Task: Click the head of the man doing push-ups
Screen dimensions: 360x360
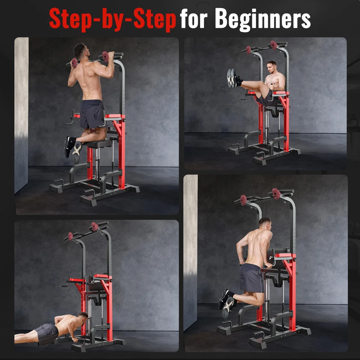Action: click(83, 320)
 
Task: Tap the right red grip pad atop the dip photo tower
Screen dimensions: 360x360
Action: click(276, 193)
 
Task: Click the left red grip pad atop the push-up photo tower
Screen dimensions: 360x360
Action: click(70, 236)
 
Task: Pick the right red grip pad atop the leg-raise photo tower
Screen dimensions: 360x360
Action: click(274, 45)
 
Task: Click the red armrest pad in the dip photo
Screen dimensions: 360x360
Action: click(284, 256)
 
